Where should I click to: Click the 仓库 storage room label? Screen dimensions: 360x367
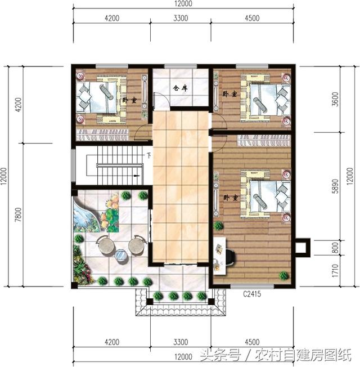click(x=180, y=88)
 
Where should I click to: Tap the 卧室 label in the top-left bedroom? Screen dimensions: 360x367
click(x=129, y=100)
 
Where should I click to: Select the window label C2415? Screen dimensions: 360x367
click(x=252, y=294)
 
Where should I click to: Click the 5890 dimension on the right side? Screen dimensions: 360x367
click(x=335, y=186)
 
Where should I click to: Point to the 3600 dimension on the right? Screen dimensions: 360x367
click(x=335, y=99)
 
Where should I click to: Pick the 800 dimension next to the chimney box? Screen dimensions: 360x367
click(x=335, y=248)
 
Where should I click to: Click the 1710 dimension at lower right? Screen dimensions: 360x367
click(x=335, y=271)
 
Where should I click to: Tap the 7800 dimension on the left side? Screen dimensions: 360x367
click(x=18, y=214)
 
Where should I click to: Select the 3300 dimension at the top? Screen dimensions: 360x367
click(x=181, y=18)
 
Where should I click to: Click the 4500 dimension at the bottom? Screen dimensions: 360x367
click(x=252, y=342)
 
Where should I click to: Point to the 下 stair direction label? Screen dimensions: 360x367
click(x=148, y=155)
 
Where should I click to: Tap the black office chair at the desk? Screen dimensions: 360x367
click(x=231, y=257)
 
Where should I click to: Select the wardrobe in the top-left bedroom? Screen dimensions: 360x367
click(x=102, y=135)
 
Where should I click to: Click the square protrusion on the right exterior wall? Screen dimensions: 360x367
click(x=303, y=248)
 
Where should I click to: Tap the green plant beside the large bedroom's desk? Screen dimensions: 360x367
click(x=219, y=225)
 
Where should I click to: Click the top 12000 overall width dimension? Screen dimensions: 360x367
click(x=183, y=3)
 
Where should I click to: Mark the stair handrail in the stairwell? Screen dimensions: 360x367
click(x=120, y=165)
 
